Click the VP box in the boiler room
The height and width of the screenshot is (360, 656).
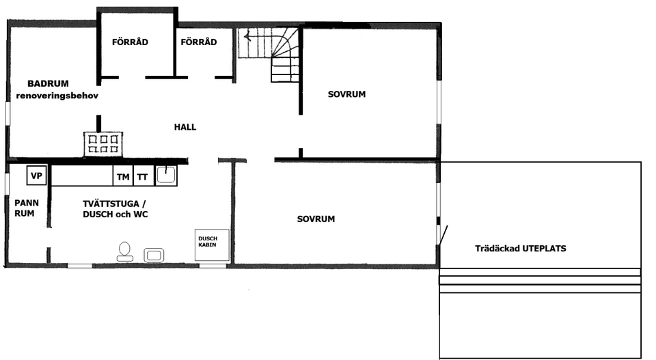[x=37, y=176]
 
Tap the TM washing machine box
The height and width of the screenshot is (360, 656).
[x=123, y=177]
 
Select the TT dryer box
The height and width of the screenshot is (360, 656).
[x=142, y=177]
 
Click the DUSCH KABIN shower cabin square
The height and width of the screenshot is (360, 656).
[x=213, y=244]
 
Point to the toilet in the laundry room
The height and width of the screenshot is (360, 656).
[x=124, y=251]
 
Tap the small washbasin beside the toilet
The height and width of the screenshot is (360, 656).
[x=153, y=255]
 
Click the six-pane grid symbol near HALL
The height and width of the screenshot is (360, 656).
[x=103, y=143]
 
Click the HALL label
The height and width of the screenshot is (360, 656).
[x=185, y=127]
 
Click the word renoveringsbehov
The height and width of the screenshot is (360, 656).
[x=57, y=96]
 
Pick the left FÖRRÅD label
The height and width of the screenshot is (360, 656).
[x=130, y=42]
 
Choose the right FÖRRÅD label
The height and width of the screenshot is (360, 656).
[x=199, y=42]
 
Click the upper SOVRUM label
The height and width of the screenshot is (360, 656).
[x=346, y=94]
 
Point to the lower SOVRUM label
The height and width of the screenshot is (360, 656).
[x=316, y=219]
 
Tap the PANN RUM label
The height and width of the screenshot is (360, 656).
[x=27, y=208]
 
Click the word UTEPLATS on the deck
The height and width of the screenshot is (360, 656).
[x=544, y=249]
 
